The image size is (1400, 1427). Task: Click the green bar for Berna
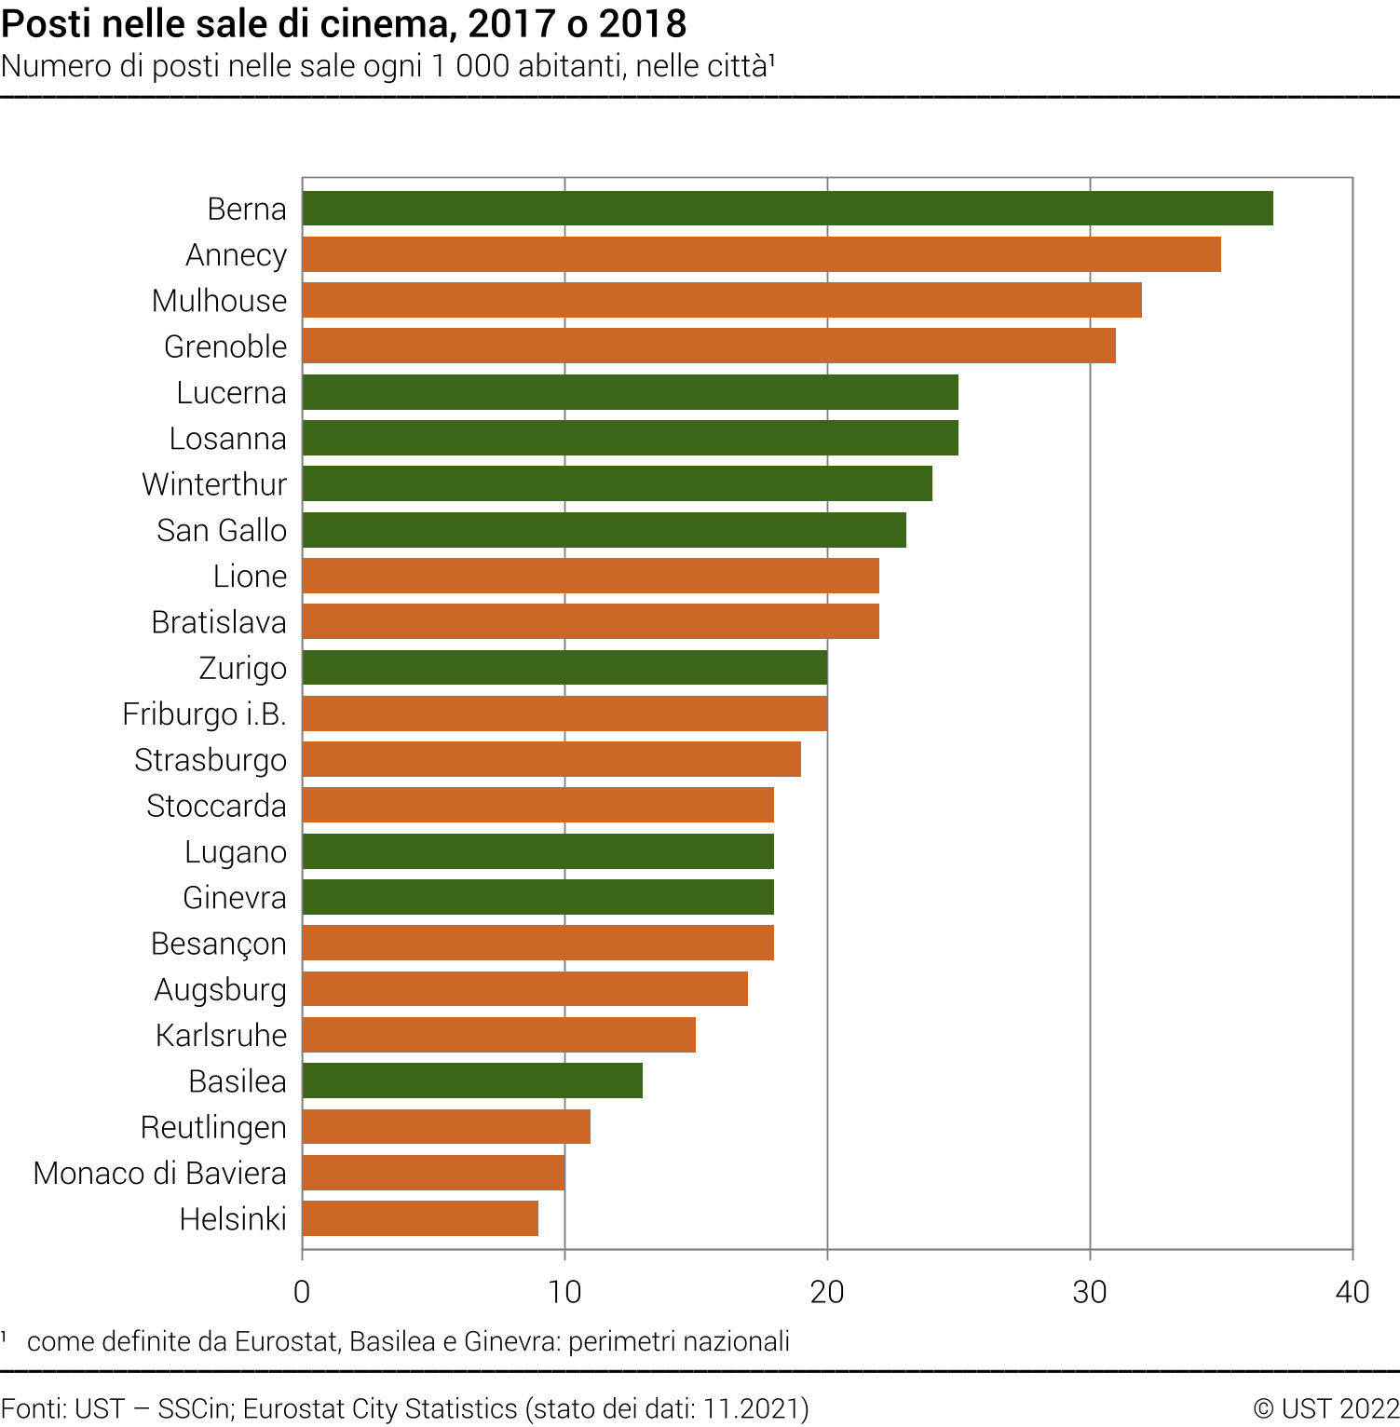click(787, 209)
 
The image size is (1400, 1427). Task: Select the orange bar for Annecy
click(761, 254)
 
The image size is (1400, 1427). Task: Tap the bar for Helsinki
click(420, 1218)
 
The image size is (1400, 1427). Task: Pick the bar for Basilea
click(472, 1080)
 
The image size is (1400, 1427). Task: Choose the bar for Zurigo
click(564, 668)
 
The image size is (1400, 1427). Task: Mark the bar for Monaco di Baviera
click(433, 1173)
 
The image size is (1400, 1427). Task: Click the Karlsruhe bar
click(498, 1035)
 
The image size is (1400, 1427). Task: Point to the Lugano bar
click(537, 851)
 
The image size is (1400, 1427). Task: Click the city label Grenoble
click(225, 347)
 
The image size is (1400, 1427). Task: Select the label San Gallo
click(222, 530)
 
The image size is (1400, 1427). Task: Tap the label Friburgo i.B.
click(204, 714)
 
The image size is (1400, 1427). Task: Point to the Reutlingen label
click(213, 1127)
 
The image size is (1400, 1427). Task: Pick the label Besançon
click(219, 944)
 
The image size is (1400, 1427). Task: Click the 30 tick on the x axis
click(1089, 1292)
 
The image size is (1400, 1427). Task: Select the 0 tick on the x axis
click(302, 1292)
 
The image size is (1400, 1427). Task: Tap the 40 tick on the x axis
click(1352, 1292)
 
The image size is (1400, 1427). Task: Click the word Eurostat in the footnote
click(286, 1341)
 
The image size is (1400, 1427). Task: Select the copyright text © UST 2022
click(1325, 1408)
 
